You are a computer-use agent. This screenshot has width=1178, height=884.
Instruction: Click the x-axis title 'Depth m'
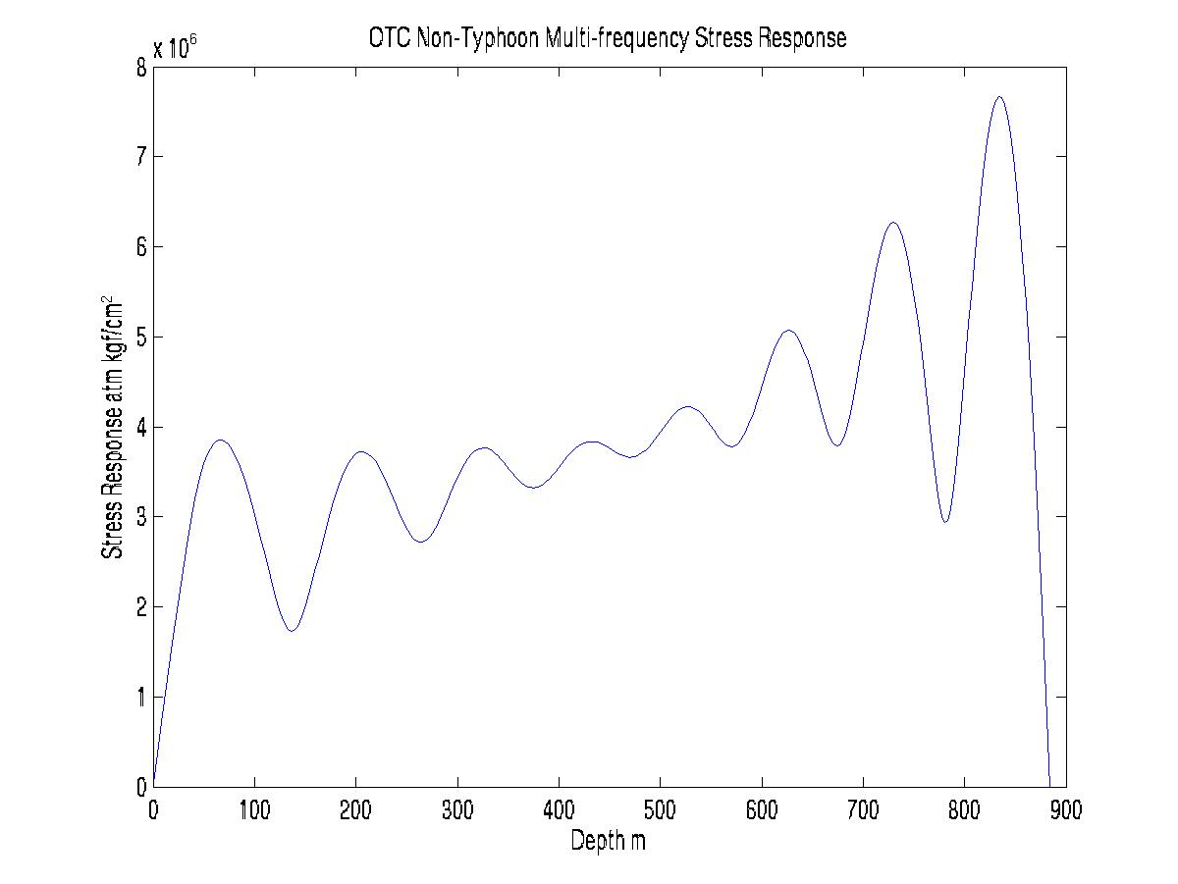coord(608,841)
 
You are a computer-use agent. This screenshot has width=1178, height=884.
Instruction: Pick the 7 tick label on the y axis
coord(142,157)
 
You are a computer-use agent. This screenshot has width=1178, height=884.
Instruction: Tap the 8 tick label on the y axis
coord(142,68)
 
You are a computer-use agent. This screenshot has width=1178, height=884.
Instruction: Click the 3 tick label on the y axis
coord(142,517)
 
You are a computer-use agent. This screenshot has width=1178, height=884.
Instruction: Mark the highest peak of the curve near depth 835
coord(999,97)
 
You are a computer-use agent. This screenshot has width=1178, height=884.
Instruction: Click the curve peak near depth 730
coord(893,223)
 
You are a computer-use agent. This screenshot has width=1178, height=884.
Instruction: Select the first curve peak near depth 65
coord(220,441)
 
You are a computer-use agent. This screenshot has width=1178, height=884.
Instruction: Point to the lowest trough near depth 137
coord(292,630)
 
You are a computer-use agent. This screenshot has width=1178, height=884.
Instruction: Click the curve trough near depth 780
coord(944,522)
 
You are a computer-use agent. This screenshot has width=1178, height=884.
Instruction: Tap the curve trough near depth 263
coord(420,542)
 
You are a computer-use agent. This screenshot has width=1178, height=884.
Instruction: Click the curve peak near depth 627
coord(788,331)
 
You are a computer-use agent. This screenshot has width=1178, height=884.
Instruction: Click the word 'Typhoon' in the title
coord(492,38)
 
